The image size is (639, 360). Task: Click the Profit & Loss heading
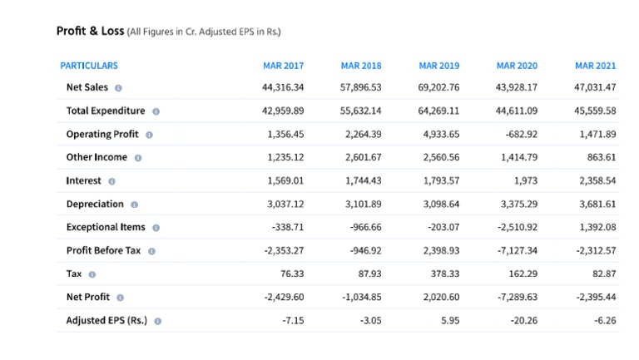point(90,32)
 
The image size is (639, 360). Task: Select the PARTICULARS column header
point(89,66)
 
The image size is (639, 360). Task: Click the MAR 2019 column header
point(438,66)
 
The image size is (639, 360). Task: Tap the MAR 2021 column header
point(595,66)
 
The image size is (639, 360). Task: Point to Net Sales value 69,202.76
point(438,87)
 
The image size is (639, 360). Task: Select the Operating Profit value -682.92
point(521,134)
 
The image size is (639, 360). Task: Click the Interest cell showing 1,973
point(525,180)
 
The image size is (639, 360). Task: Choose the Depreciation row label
point(95,204)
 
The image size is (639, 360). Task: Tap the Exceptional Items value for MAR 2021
point(598,227)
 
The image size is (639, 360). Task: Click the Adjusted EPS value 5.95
point(449,320)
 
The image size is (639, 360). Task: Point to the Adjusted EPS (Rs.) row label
point(106,320)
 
